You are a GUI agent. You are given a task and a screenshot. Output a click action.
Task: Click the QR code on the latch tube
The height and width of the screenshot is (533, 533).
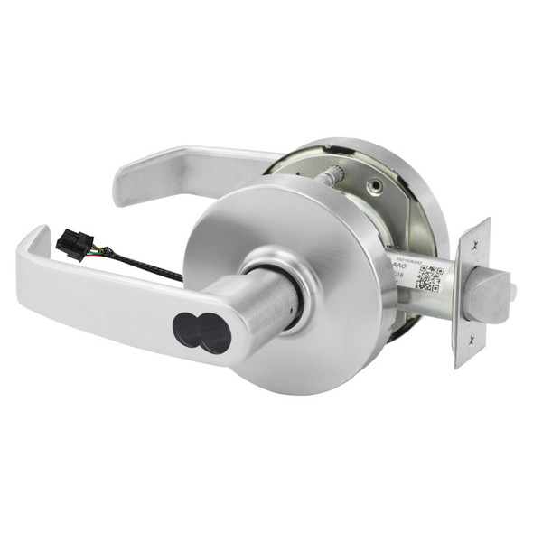coord(429,278)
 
